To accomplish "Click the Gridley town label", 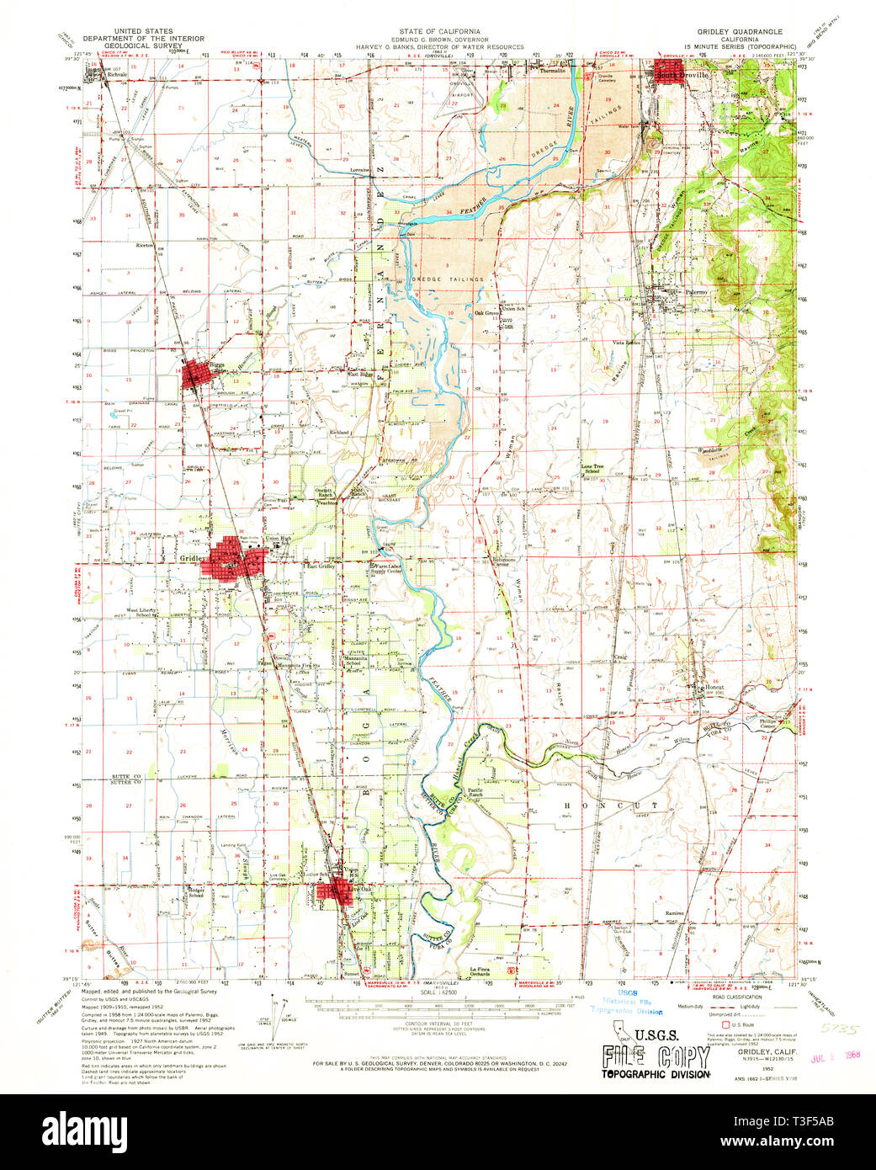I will (191, 557).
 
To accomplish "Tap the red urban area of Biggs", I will (197, 373).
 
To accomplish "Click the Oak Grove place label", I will (487, 313).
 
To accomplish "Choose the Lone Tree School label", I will (592, 469).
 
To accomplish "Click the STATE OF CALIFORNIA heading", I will (438, 31).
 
